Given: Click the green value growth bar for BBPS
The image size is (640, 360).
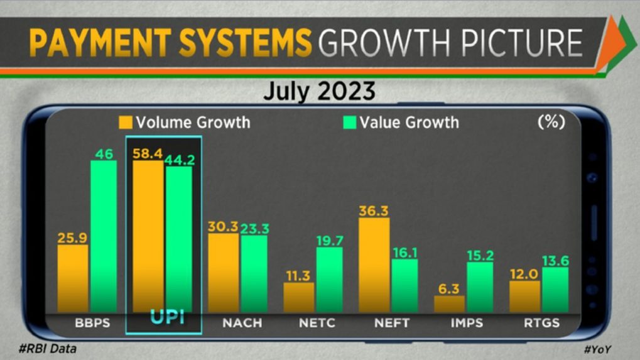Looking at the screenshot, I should [104, 236].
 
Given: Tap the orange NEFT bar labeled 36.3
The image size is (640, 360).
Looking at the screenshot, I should [374, 265].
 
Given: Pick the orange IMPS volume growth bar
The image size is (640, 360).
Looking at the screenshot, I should [450, 304].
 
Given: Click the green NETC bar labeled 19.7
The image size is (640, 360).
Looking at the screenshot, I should [329, 280].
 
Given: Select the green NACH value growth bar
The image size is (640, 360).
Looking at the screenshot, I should [254, 273].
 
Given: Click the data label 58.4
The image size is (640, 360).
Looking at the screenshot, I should [148, 154].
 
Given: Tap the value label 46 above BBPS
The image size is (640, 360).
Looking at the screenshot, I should [104, 153].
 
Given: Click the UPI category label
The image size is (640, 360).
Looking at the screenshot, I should [166, 318].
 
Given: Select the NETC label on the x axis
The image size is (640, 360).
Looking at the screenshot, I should [318, 323].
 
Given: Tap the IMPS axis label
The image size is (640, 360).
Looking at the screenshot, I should [466, 323].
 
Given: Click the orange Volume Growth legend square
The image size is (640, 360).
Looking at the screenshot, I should [126, 122].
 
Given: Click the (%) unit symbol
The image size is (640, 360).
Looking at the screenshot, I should [551, 121].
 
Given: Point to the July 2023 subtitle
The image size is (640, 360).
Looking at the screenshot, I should [319, 92].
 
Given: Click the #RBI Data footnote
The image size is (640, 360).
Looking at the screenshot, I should [49, 347].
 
